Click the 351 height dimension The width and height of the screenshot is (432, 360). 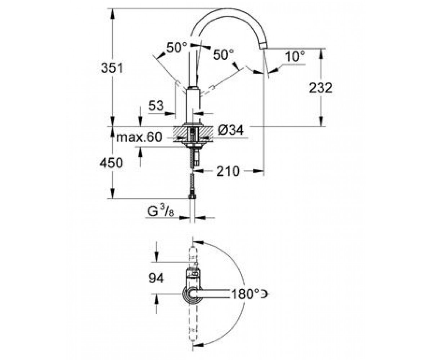coord(112,68)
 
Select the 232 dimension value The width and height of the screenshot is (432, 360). coord(320,87)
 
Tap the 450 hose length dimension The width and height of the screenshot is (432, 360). coord(111,163)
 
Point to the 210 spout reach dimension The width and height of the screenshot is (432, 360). coord(228,171)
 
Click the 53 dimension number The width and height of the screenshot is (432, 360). coord(156,106)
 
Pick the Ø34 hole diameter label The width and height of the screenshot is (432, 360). coord(231,130)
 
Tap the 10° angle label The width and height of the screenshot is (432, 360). coord(294,56)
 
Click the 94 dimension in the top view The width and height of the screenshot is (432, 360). coord(156,278)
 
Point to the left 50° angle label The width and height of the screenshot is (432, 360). coord(176,48)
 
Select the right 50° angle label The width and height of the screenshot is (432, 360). coord(223,55)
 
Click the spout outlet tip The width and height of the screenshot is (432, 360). coord(262,46)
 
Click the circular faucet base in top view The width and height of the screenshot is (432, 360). coord(189,294)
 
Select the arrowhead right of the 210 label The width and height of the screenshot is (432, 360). coord(258,171)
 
